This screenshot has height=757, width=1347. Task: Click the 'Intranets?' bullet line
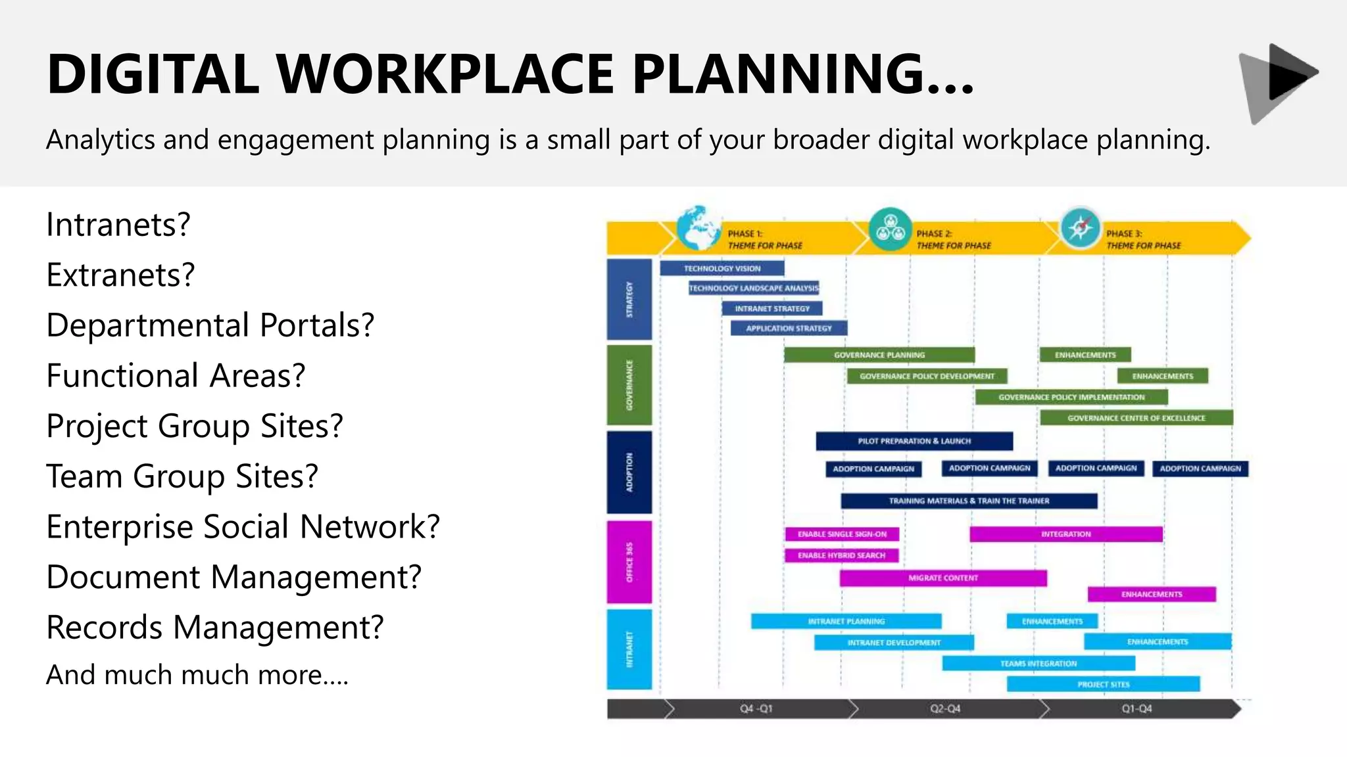(118, 225)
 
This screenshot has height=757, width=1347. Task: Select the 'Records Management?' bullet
(214, 628)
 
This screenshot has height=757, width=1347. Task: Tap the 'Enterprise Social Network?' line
(243, 527)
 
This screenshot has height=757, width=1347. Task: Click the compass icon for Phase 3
(1080, 229)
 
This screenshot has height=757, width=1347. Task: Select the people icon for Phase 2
(890, 229)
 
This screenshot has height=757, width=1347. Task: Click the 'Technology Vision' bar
(722, 268)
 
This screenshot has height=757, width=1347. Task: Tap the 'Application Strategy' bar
(789, 328)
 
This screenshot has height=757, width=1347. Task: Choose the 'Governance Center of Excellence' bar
(1136, 418)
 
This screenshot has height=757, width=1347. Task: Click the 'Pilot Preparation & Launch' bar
(914, 441)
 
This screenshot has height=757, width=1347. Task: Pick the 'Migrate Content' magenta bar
(943, 578)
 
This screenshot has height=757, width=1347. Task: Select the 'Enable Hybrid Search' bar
(841, 555)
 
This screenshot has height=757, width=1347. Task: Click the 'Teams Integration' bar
(1038, 664)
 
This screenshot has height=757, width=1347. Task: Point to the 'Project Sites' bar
(1103, 684)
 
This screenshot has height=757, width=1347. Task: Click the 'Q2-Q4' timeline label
(944, 709)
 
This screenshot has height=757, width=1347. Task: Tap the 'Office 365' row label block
(629, 562)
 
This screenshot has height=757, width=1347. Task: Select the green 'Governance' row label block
(629, 385)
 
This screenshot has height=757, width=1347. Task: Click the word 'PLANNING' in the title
(802, 74)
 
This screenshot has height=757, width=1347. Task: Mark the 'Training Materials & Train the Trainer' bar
(969, 501)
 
